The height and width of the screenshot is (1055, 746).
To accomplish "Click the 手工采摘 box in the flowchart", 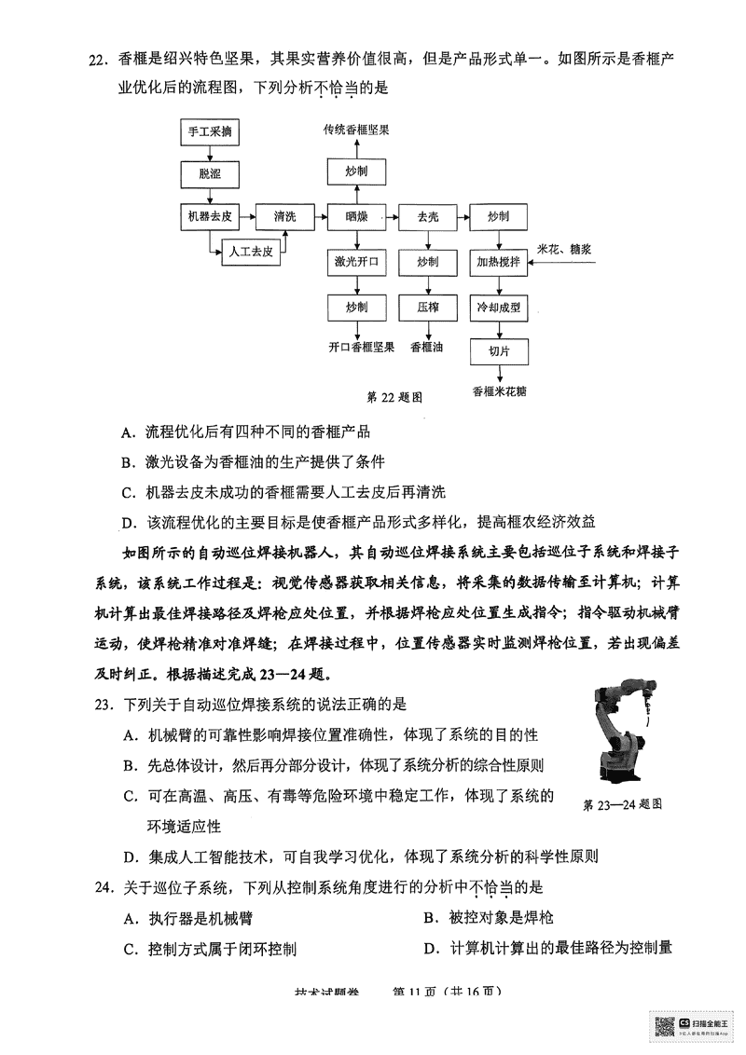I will [210, 132].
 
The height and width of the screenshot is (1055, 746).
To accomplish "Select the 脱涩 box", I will [210, 173].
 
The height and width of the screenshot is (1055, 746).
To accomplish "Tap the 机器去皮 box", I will [210, 216].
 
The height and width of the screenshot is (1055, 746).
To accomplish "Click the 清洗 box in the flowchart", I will [283, 216].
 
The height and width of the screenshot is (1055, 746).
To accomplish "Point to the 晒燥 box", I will [355, 216].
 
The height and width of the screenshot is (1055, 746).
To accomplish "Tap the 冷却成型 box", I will [498, 307].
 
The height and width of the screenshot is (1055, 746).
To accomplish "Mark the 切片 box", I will [498, 351].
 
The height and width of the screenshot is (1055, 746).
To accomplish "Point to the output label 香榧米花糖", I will [499, 390].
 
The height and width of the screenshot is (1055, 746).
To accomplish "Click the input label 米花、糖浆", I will [573, 249].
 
